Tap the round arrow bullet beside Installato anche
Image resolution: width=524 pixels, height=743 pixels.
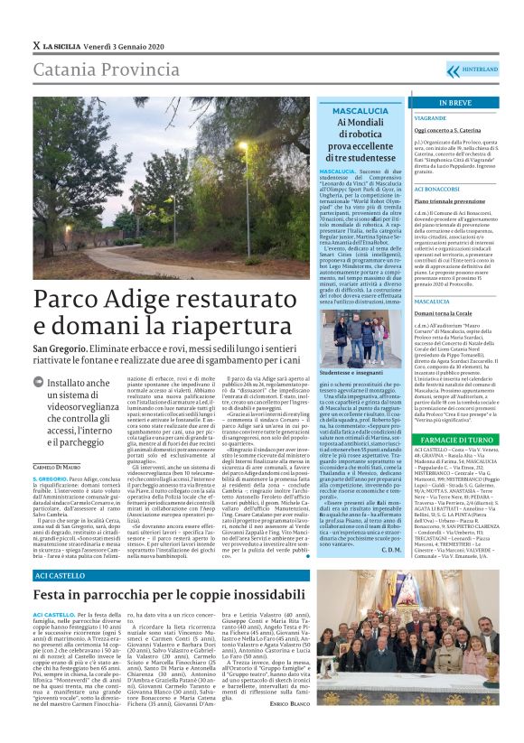point(41,384)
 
